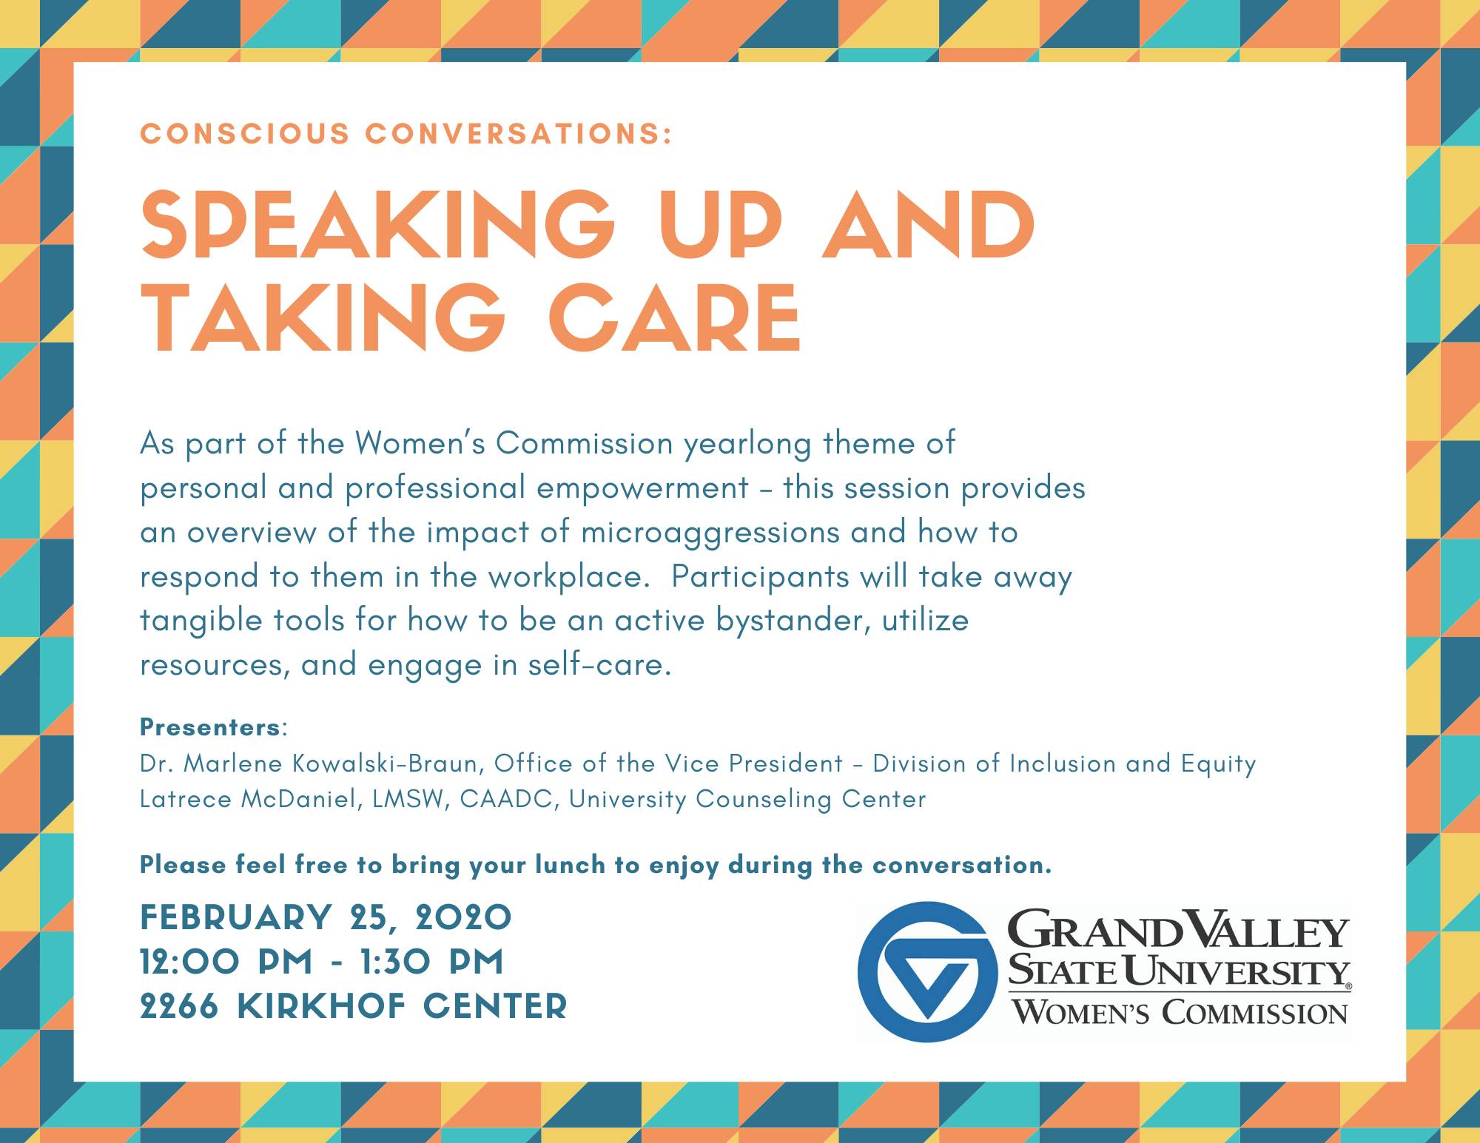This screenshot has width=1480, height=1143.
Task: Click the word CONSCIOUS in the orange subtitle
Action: pyautogui.click(x=245, y=134)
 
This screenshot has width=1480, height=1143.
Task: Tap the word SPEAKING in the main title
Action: pyautogui.click(x=377, y=223)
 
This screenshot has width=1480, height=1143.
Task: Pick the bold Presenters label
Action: pyautogui.click(x=210, y=727)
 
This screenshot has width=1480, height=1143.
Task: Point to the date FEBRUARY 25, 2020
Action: pyautogui.click(x=326, y=918)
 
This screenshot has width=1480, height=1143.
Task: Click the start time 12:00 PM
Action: pyautogui.click(x=226, y=962)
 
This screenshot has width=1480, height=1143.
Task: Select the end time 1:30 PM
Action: pyautogui.click(x=432, y=962)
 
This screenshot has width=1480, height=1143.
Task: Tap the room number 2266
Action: pyautogui.click(x=179, y=1006)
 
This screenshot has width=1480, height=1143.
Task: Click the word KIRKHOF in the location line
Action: pyautogui.click(x=322, y=1006)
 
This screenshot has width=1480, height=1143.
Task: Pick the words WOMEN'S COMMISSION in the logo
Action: pyautogui.click(x=1180, y=1011)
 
